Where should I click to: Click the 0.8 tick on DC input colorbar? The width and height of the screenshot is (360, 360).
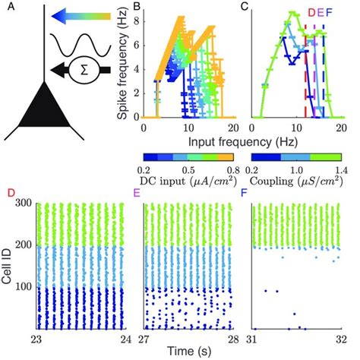(x=225, y=168)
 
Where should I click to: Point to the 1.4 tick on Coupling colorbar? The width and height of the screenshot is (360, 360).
(x=339, y=168)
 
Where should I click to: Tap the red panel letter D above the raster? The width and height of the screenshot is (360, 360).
(x=11, y=193)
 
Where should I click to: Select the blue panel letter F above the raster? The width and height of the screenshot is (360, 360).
(x=243, y=193)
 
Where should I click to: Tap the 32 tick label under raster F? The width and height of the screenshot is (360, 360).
(x=341, y=339)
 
